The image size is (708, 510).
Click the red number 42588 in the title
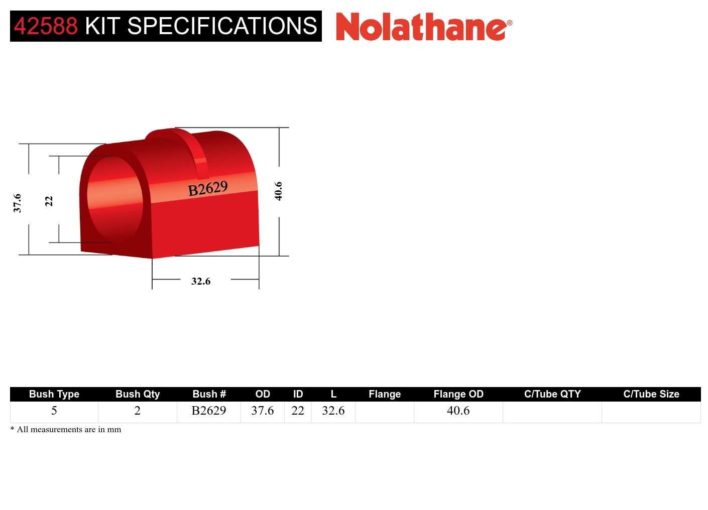[x=46, y=26]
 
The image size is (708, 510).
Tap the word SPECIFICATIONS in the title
[x=222, y=26]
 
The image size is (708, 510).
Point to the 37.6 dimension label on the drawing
[x=18, y=203]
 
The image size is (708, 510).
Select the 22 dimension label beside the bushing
[x=49, y=201]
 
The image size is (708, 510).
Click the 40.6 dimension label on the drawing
[x=278, y=191]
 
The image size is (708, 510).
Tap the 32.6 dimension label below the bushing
[x=201, y=281]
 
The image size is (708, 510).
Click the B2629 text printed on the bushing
[x=208, y=189]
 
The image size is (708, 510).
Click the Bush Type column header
[x=54, y=394]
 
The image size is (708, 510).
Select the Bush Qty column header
[x=138, y=394]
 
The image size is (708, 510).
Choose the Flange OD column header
[x=458, y=394]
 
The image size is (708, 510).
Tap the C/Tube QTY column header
[x=552, y=394]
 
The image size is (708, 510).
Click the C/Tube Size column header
[x=651, y=394]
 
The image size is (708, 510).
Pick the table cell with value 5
[x=54, y=411]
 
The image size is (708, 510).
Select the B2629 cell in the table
[x=209, y=411]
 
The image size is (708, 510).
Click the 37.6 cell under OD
[x=263, y=411]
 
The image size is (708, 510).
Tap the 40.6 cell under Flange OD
[x=458, y=411]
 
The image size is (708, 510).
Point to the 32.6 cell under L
[x=333, y=411]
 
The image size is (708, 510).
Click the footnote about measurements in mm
[x=66, y=430]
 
